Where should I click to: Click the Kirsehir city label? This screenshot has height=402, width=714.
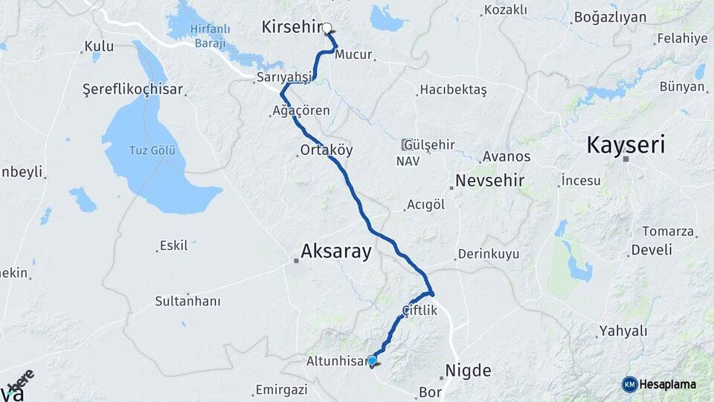click(x=290, y=27)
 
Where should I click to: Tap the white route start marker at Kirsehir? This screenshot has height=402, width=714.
click(x=327, y=28)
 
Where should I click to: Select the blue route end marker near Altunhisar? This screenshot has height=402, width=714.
click(x=372, y=360)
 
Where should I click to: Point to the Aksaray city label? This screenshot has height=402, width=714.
click(x=335, y=252)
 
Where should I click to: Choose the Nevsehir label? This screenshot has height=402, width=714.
click(x=489, y=181)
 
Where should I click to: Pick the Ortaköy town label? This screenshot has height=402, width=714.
click(x=326, y=150)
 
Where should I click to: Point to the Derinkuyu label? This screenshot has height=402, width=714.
click(x=488, y=254)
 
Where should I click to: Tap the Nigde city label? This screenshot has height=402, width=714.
click(x=468, y=370)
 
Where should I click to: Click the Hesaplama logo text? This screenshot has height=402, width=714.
click(x=669, y=384)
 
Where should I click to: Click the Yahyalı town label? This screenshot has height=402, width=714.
click(x=623, y=331)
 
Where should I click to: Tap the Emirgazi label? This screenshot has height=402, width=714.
click(x=281, y=389)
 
